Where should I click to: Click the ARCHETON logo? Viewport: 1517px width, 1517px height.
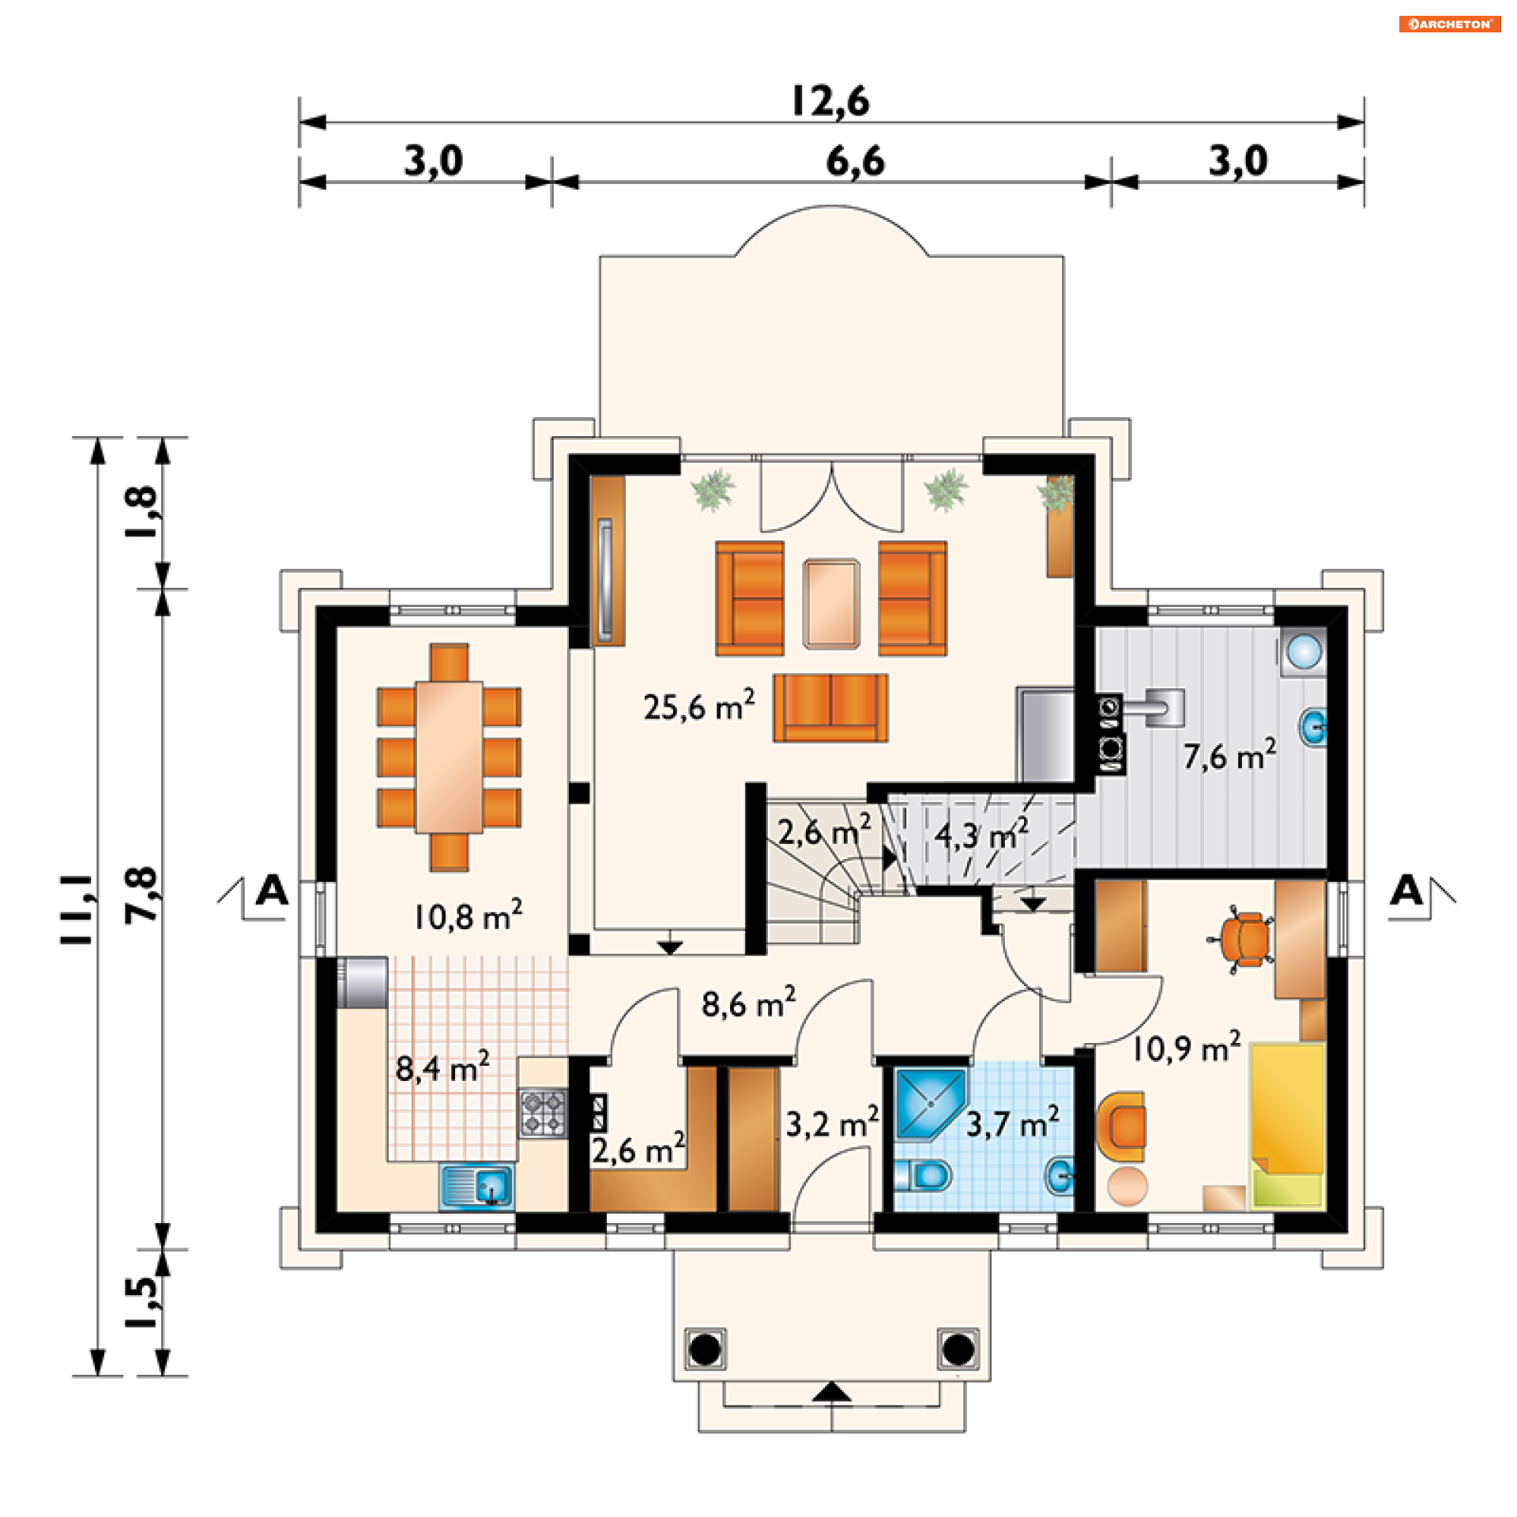pyautogui.click(x=1449, y=24)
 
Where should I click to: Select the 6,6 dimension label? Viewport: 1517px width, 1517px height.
pyautogui.click(x=855, y=162)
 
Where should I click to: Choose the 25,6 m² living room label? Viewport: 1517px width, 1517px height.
pyautogui.click(x=698, y=706)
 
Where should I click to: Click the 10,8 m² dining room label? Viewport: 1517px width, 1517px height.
pyautogui.click(x=468, y=915)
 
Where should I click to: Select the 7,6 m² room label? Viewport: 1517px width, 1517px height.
pyautogui.click(x=1229, y=755)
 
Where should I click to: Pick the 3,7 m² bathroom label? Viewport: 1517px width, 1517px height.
pyautogui.click(x=1012, y=1123)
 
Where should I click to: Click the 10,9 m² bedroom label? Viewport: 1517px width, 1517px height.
pyautogui.click(x=1186, y=1047)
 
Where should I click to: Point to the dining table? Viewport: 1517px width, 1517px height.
pyautogui.click(x=449, y=756)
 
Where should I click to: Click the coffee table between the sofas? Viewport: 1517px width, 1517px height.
pyautogui.click(x=831, y=604)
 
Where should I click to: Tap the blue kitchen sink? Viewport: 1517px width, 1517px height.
pyautogui.click(x=476, y=1184)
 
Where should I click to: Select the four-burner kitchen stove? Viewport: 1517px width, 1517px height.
pyautogui.click(x=543, y=1112)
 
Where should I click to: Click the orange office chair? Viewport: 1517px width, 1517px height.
pyautogui.click(x=1241, y=939)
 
